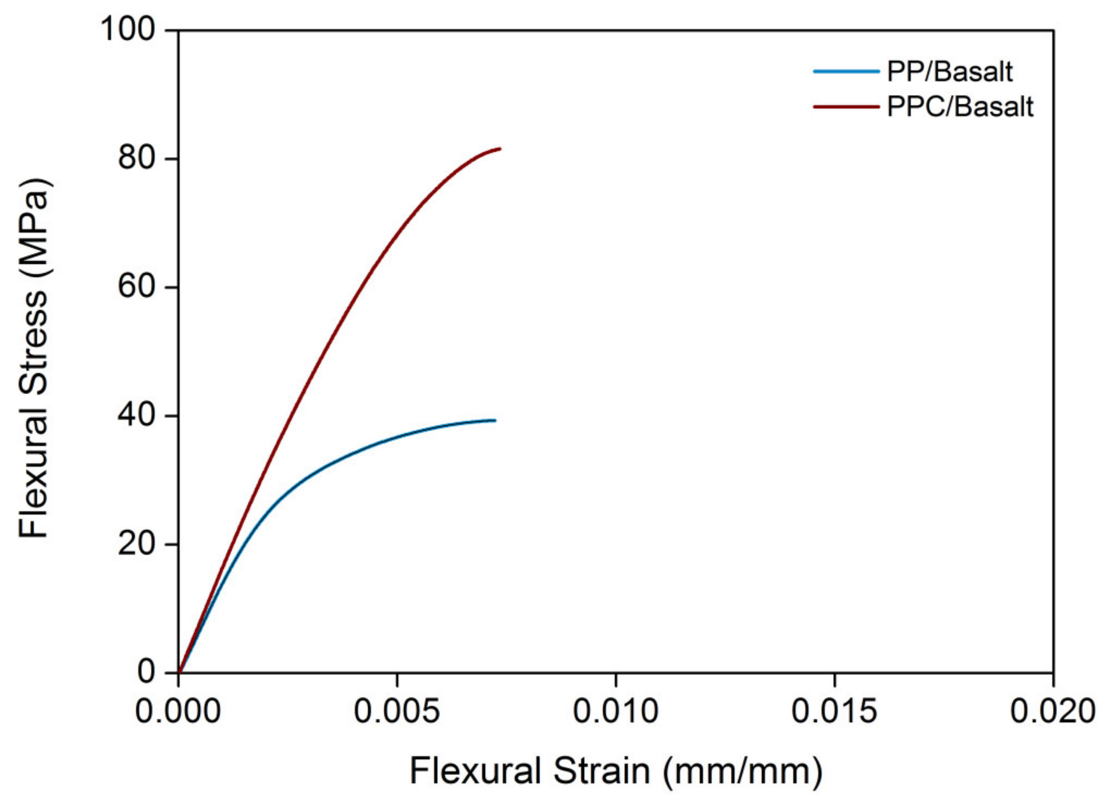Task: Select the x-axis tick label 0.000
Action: [178, 712]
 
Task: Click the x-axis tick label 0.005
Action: [397, 712]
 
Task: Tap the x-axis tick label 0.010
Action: [616, 712]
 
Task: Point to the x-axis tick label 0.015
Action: [834, 712]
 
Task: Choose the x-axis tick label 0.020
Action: [1053, 712]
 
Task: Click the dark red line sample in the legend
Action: [846, 106]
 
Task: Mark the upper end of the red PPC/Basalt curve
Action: [500, 149]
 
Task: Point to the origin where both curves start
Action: [179, 672]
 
